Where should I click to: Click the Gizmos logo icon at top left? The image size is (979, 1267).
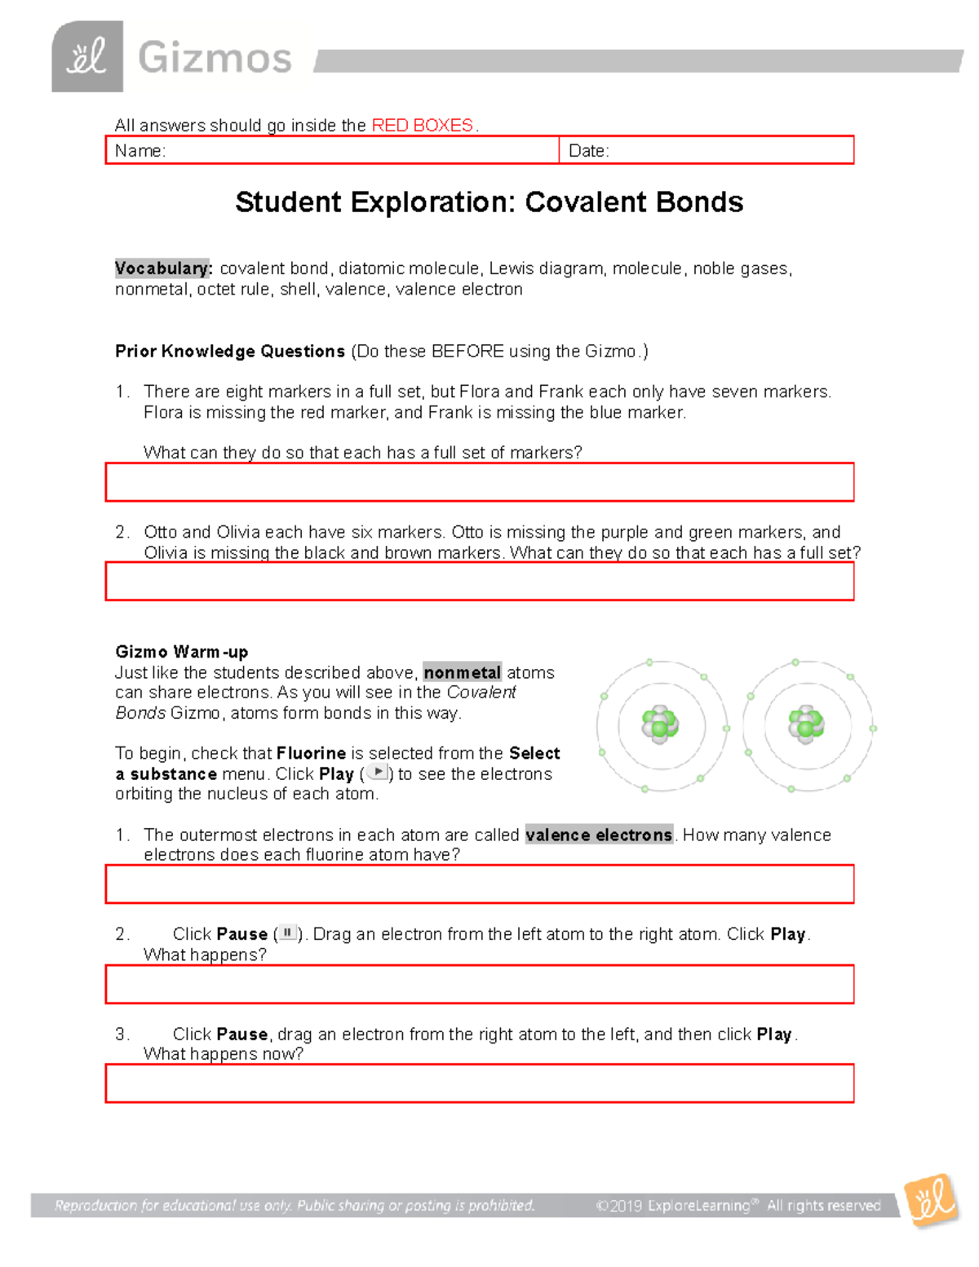coord(87,57)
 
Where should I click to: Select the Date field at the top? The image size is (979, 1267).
coord(706,150)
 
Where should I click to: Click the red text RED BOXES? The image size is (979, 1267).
coord(423,125)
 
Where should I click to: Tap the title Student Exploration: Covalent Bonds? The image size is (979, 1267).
coord(489,202)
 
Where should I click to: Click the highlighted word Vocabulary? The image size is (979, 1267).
coord(163,268)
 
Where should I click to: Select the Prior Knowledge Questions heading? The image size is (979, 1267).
coord(230,351)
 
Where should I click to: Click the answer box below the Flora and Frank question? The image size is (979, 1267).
coord(480,482)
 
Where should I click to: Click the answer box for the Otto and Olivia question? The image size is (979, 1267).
coord(480,581)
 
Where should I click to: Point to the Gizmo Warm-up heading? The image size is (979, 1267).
coord(182,652)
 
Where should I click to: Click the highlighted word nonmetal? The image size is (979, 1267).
coord(462,672)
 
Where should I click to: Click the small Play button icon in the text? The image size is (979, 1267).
coord(377,772)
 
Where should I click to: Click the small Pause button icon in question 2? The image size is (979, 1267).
coord(287,933)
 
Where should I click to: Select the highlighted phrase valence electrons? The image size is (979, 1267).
coord(599,835)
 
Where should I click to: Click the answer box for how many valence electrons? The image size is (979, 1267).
coord(480,884)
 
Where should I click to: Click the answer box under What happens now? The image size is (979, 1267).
coord(480,1083)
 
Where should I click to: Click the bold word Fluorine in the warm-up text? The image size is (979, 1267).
coord(311,753)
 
